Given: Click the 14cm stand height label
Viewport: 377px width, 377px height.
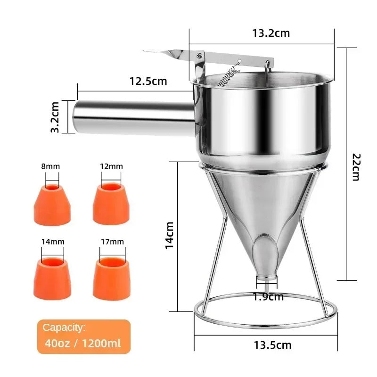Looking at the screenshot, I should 171,235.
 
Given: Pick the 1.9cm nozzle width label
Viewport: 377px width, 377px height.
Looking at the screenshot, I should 268,296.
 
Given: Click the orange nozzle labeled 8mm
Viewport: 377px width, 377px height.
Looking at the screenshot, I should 52,204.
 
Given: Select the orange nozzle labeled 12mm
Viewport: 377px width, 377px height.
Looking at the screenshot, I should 111,204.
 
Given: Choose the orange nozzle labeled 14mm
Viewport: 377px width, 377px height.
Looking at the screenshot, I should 52,278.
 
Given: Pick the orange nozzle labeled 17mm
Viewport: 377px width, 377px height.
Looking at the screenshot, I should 111,278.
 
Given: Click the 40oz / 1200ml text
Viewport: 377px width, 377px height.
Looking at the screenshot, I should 82,343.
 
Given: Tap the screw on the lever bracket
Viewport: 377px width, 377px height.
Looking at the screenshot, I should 198,56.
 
